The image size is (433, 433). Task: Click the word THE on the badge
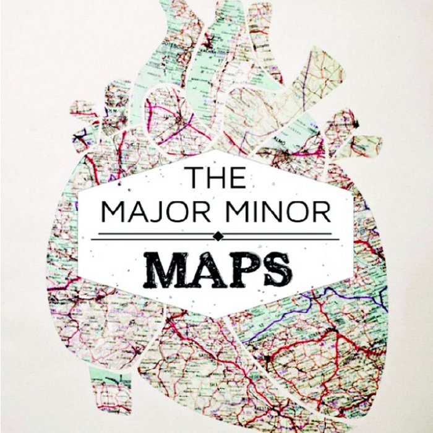[216, 177]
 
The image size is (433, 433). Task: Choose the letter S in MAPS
[273, 267]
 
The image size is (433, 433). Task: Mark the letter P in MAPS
[239, 267]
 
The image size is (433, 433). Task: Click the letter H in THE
[216, 177]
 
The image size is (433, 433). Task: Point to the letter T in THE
[195, 177]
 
